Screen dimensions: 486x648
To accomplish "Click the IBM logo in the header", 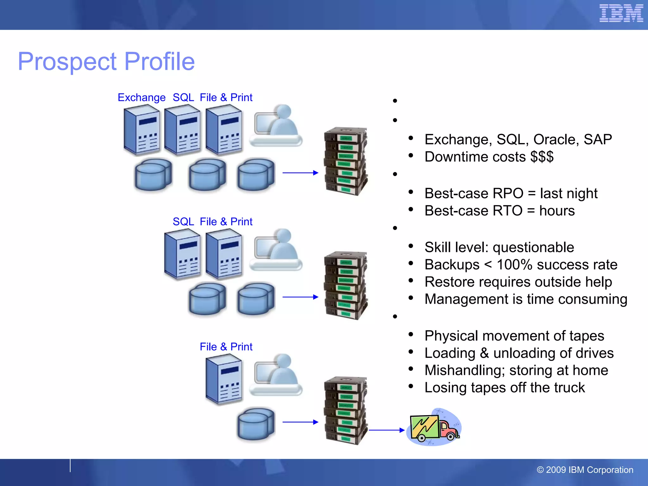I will tap(621, 13).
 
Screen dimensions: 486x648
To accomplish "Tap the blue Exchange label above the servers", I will tap(141, 97).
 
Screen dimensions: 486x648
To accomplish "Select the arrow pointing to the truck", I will tap(387, 430).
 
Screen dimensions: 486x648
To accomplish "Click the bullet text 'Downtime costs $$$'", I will tap(489, 157).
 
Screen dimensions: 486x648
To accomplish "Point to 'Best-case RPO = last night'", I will tap(511, 193).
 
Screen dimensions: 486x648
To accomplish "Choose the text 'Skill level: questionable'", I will tap(499, 247).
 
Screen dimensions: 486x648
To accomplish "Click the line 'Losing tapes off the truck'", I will tap(504, 388).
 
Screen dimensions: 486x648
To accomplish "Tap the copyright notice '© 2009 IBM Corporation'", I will tap(585, 470).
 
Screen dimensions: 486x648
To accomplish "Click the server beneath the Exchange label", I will tap(141, 130).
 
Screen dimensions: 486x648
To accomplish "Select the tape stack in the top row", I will tap(346, 161).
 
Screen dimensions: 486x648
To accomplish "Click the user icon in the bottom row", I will tap(276, 375).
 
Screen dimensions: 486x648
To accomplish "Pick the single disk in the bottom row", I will tap(256, 424).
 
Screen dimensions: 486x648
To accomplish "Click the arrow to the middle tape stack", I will tap(300, 297).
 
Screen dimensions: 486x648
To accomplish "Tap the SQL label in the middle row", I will tap(183, 221).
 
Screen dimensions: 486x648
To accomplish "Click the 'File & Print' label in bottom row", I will tap(226, 347).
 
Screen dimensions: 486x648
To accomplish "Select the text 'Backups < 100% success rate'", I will tap(520, 265).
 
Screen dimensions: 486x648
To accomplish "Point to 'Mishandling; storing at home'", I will tap(516, 370).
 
